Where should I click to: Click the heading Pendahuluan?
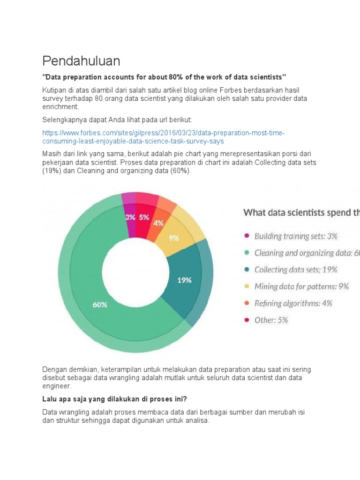tap(81, 61)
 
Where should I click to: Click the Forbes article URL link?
tap(163, 137)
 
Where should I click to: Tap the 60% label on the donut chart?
tap(100, 304)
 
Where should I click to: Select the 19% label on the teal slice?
tap(184, 280)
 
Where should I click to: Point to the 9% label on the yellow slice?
tap(174, 238)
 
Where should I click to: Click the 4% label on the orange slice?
tap(158, 223)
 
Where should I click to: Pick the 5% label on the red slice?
tap(144, 217)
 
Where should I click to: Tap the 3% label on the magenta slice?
tap(130, 217)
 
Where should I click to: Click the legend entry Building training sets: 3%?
tap(295, 236)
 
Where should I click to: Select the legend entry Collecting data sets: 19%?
tap(295, 270)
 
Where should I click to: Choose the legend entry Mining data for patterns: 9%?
tap(301, 286)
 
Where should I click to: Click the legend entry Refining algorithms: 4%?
tap(293, 303)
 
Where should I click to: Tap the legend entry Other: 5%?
tap(271, 320)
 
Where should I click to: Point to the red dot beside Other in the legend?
tap(247, 321)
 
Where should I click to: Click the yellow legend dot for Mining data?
tap(247, 287)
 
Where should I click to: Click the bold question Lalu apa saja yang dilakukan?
tap(115, 399)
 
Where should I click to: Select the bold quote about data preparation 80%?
tap(164, 76)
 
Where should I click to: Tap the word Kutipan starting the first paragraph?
tap(54, 90)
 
